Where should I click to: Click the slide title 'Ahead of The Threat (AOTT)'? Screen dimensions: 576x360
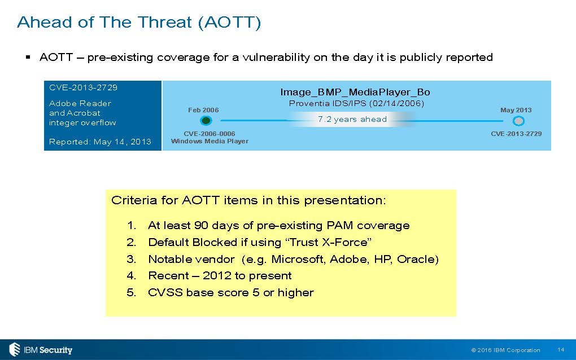tap(139, 23)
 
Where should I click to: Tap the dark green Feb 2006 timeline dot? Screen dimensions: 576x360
tap(206, 120)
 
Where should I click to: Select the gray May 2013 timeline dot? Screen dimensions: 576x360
tap(518, 121)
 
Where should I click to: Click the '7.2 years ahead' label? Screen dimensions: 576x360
tap(352, 119)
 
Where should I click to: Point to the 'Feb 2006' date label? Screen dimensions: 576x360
tap(203, 110)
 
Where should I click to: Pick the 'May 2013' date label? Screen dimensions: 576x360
tap(516, 110)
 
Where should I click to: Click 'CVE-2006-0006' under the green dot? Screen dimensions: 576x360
tap(210, 134)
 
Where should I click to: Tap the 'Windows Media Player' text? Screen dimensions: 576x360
tap(210, 141)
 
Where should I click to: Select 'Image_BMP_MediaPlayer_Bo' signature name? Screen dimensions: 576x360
tap(355, 92)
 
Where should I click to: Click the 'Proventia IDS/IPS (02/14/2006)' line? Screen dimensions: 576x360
tap(357, 103)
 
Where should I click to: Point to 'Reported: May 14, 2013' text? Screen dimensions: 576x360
tap(100, 142)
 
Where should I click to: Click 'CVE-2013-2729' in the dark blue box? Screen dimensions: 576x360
tap(83, 87)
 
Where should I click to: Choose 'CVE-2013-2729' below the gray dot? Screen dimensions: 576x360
tap(516, 134)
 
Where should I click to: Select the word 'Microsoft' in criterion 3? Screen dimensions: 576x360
tap(298, 260)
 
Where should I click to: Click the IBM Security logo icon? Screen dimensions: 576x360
tap(15, 349)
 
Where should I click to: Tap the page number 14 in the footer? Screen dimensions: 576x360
tap(561, 350)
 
